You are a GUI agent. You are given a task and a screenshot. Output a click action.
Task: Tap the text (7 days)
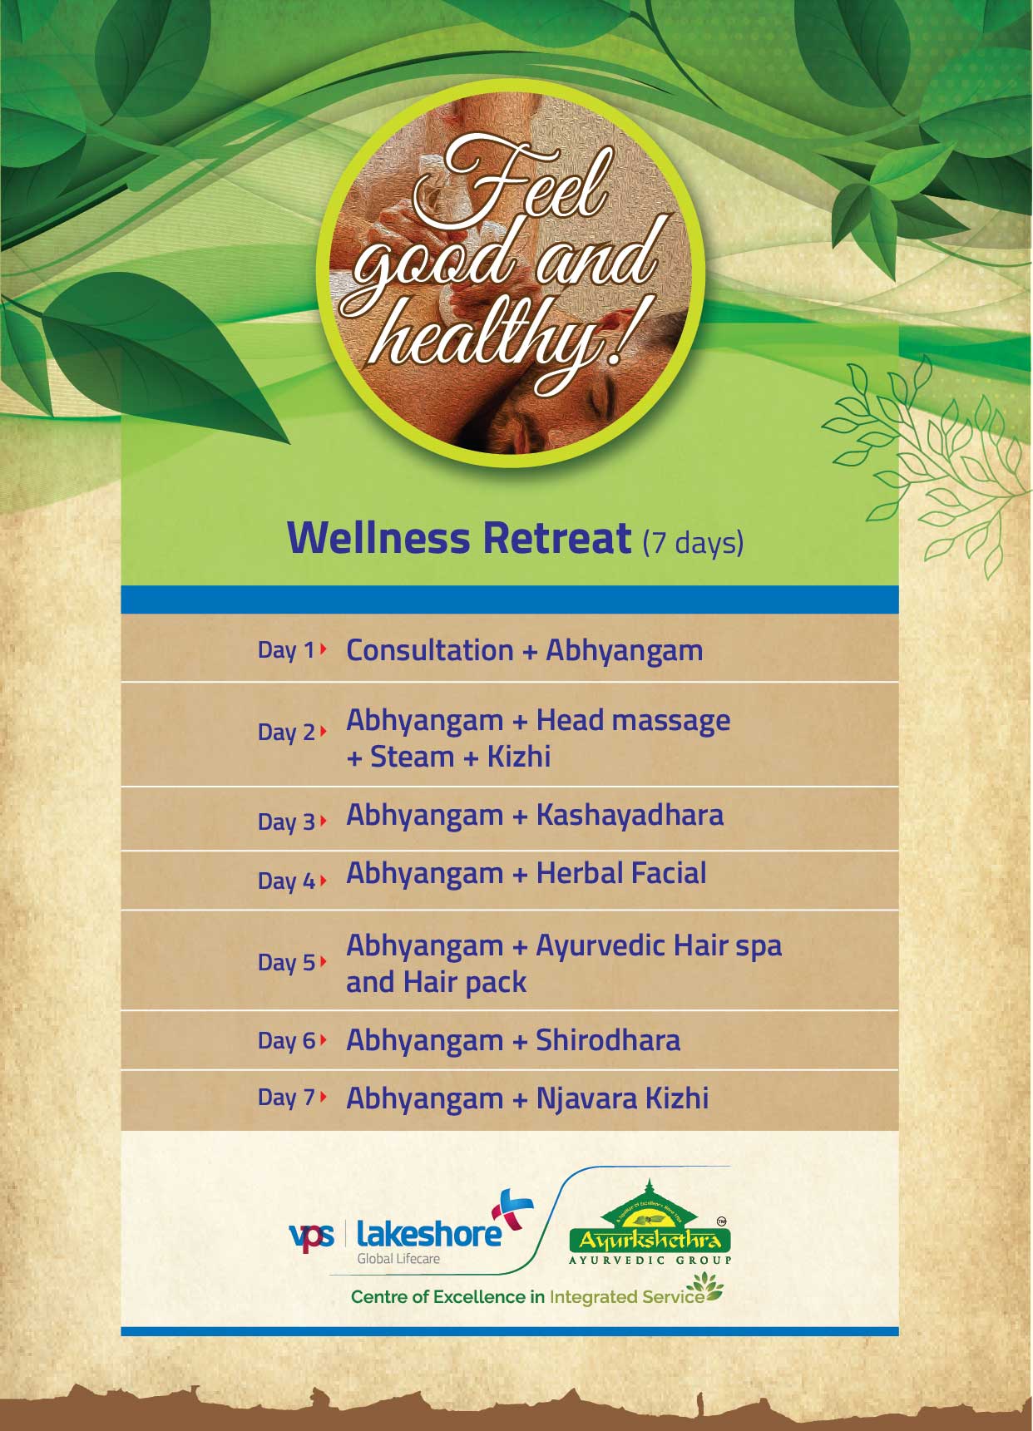[693, 542]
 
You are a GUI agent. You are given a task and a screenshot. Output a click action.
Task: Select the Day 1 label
[286, 649]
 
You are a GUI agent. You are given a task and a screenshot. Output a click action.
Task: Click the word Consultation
[430, 650]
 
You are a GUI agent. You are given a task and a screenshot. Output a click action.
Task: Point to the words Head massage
[633, 721]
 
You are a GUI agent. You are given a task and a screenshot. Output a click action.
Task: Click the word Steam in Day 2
[412, 757]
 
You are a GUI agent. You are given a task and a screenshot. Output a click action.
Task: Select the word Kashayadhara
[630, 815]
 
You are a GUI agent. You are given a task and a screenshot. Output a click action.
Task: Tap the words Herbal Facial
[621, 873]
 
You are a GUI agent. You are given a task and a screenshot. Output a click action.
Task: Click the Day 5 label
[286, 962]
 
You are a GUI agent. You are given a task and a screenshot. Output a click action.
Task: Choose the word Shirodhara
[608, 1040]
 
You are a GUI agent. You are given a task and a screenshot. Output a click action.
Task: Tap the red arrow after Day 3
[323, 821]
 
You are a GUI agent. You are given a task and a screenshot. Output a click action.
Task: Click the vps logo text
[311, 1236]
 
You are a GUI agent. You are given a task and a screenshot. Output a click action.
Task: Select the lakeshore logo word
[428, 1234]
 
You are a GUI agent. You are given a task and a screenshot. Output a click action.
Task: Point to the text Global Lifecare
[398, 1259]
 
